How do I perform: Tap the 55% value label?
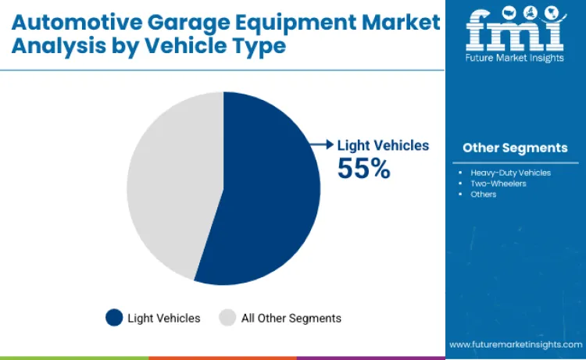pyautogui.click(x=363, y=168)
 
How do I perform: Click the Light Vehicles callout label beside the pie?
pyautogui.click(x=383, y=145)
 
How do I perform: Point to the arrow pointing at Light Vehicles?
pyautogui.click(x=320, y=144)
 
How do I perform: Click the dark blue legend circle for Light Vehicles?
pyautogui.click(x=115, y=318)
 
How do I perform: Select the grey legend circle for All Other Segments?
pyautogui.click(x=227, y=318)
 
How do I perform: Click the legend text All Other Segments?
pyautogui.click(x=291, y=318)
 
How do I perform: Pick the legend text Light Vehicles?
pyautogui.click(x=165, y=318)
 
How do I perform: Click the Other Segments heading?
pyautogui.click(x=514, y=148)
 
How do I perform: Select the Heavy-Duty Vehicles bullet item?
pyautogui.click(x=510, y=172)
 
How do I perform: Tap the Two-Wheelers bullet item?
pyautogui.click(x=498, y=184)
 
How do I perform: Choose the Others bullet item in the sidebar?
pyautogui.click(x=483, y=194)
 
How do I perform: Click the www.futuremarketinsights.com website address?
pyautogui.click(x=516, y=344)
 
